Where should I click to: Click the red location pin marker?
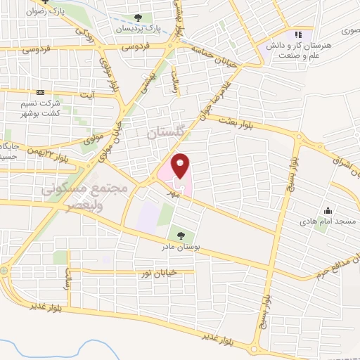[181, 166]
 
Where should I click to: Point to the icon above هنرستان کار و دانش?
[298, 34]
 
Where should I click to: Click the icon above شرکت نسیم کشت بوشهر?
[41, 92]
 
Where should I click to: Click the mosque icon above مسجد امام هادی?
[328, 210]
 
